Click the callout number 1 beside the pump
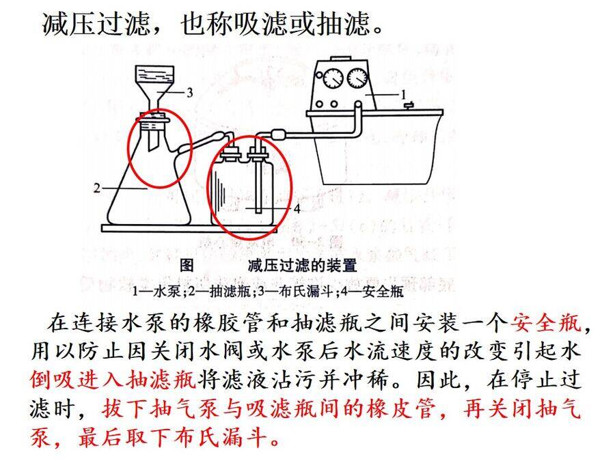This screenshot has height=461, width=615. (402, 94)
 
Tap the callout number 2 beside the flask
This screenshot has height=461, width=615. (97, 188)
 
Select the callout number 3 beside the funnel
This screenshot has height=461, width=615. (190, 92)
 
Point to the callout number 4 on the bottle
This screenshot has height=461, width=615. (297, 208)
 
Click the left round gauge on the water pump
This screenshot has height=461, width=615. (333, 78)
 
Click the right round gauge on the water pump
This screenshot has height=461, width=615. (357, 78)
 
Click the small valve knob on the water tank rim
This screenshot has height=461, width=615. (409, 105)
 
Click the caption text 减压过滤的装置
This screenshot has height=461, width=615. (303, 266)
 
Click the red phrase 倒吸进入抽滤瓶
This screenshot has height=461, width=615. (113, 379)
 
